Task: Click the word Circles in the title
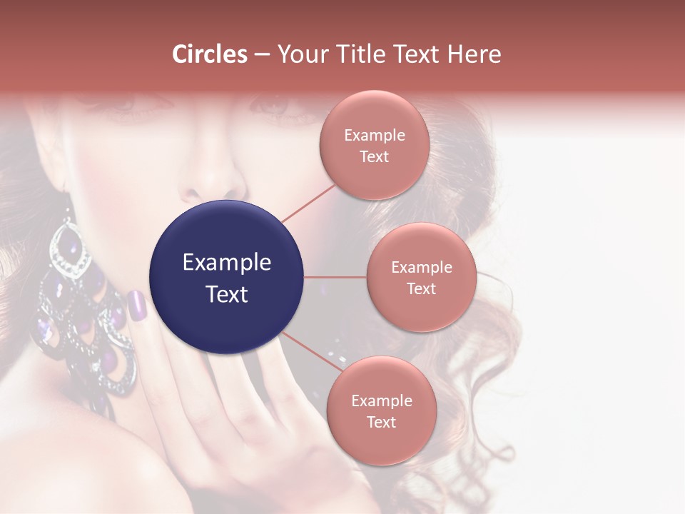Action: [x=210, y=54]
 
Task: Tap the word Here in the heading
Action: [x=475, y=54]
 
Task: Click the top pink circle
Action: [x=374, y=145]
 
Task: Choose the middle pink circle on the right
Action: [x=421, y=277]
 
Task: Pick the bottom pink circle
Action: [x=381, y=410]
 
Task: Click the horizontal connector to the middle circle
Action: [x=335, y=277]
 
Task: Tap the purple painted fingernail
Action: [x=137, y=305]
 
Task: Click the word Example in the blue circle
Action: [x=227, y=263]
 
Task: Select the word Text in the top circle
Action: [x=374, y=157]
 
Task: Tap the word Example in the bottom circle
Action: [x=381, y=400]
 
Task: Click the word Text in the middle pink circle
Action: [x=421, y=288]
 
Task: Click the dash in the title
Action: [x=262, y=54]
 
